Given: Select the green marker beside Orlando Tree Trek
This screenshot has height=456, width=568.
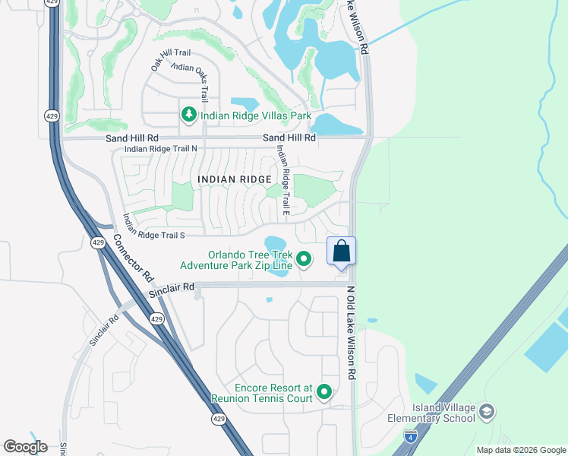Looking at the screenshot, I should click(304, 259).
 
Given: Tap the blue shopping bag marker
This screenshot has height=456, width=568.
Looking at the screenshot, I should click(341, 252).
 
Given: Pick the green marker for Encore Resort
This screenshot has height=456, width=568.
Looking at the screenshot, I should click(324, 392).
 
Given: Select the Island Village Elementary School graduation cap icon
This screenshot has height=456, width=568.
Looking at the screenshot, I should click(486, 412).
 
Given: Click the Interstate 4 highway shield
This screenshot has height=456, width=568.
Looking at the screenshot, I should click(410, 436).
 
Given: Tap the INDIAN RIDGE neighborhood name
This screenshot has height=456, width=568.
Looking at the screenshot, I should click(234, 179).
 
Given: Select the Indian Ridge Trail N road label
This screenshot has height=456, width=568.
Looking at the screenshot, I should click(160, 149).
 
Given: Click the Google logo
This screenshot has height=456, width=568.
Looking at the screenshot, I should click(25, 447).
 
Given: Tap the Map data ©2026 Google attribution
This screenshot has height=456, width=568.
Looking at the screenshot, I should click(520, 450).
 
